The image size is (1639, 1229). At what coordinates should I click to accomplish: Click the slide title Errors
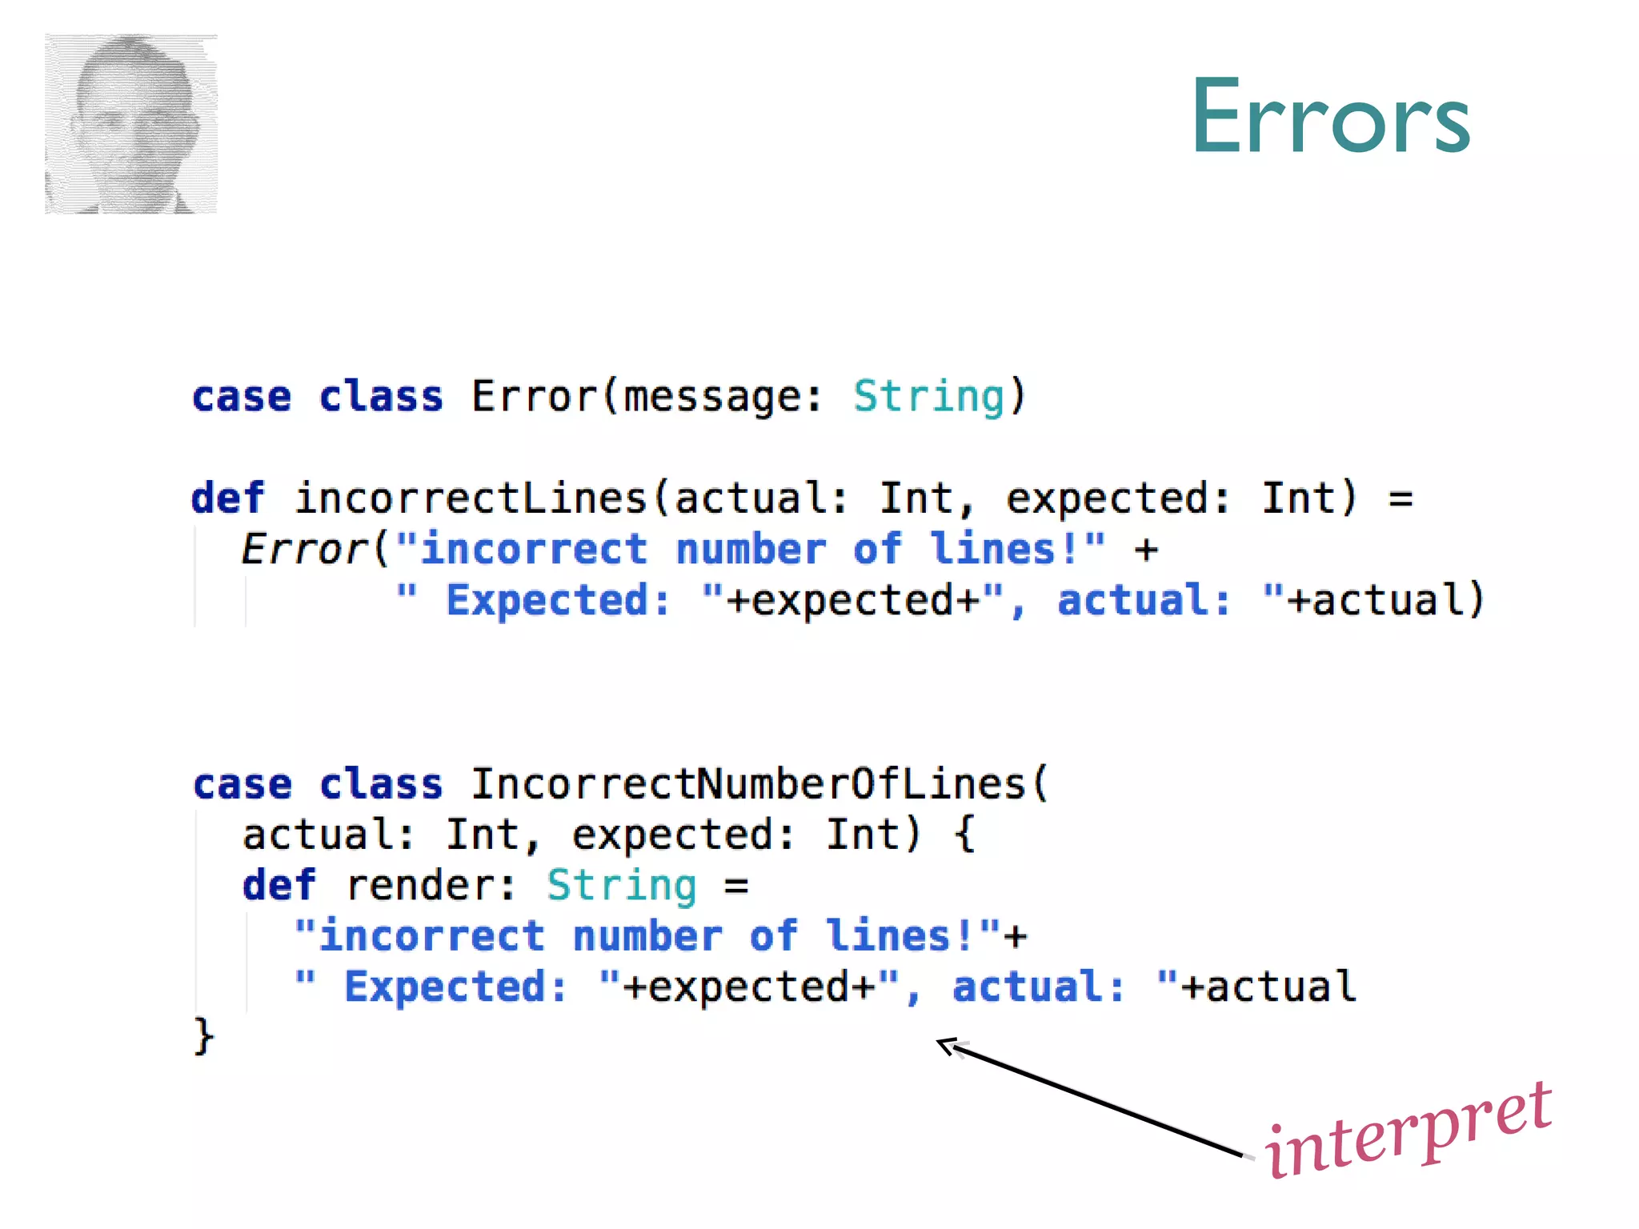[1330, 117]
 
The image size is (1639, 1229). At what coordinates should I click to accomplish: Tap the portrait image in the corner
[131, 124]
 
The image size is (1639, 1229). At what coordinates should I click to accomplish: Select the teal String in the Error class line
[928, 397]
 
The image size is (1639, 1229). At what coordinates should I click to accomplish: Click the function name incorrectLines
[471, 498]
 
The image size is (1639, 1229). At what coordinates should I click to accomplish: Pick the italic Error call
[303, 550]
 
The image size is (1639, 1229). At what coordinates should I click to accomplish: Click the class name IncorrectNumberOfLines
[747, 784]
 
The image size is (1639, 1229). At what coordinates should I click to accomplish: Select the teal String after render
[621, 886]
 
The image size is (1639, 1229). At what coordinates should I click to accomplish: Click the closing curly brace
[204, 1037]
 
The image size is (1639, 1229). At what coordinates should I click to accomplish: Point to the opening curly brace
[964, 835]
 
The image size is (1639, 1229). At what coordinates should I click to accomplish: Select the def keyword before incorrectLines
[227, 498]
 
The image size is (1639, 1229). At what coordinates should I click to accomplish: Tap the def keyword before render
[279, 886]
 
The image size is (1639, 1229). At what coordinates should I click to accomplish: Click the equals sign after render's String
[736, 886]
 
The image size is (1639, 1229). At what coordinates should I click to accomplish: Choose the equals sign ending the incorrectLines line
[1401, 498]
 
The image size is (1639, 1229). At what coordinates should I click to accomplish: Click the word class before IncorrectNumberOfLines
[380, 784]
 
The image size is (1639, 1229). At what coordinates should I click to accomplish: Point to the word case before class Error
[242, 397]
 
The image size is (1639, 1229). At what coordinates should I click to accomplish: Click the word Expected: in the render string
[455, 987]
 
